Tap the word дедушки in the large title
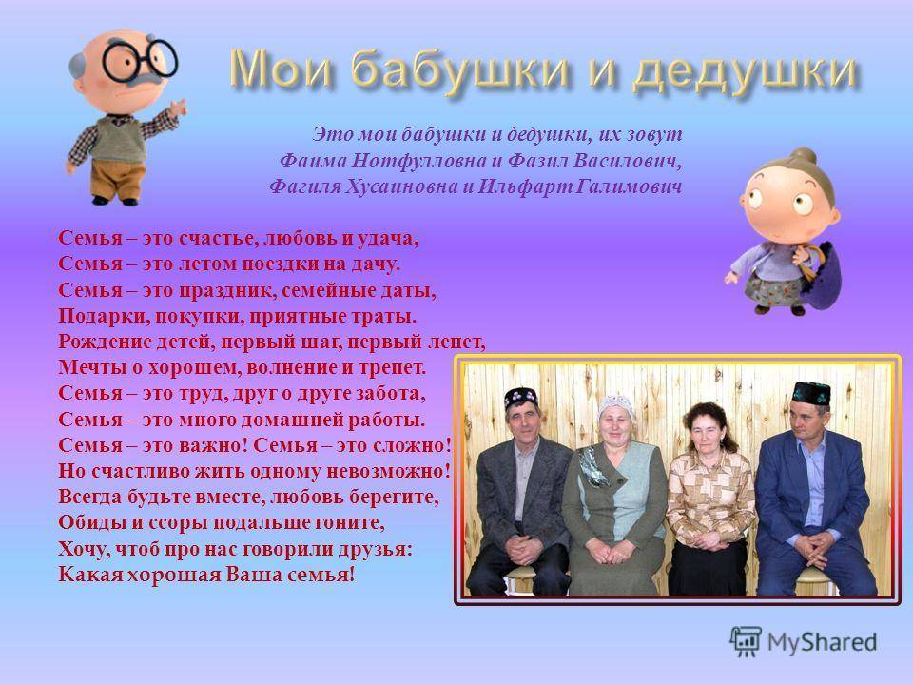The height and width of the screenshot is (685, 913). (746, 71)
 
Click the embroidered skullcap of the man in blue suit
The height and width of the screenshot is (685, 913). (811, 394)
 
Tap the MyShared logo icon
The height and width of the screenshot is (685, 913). (746, 642)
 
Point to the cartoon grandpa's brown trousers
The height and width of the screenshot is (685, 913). (116, 179)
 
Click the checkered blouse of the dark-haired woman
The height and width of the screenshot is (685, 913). (709, 495)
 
